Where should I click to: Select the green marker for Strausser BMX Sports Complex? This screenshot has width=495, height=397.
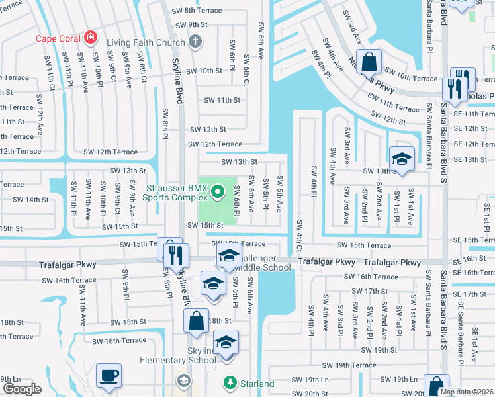click(218, 193)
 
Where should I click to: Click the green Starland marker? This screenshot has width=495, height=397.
click(230, 383)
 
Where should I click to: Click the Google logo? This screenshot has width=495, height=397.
click(22, 389)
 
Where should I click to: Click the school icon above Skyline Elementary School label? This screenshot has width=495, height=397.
click(226, 342)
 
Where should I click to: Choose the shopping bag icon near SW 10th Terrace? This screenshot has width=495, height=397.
click(369, 62)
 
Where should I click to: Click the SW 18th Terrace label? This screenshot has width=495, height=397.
click(118, 341)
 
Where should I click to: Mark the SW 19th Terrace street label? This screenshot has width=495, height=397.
click(349, 365)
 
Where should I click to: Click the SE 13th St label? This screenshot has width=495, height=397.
click(471, 159)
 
